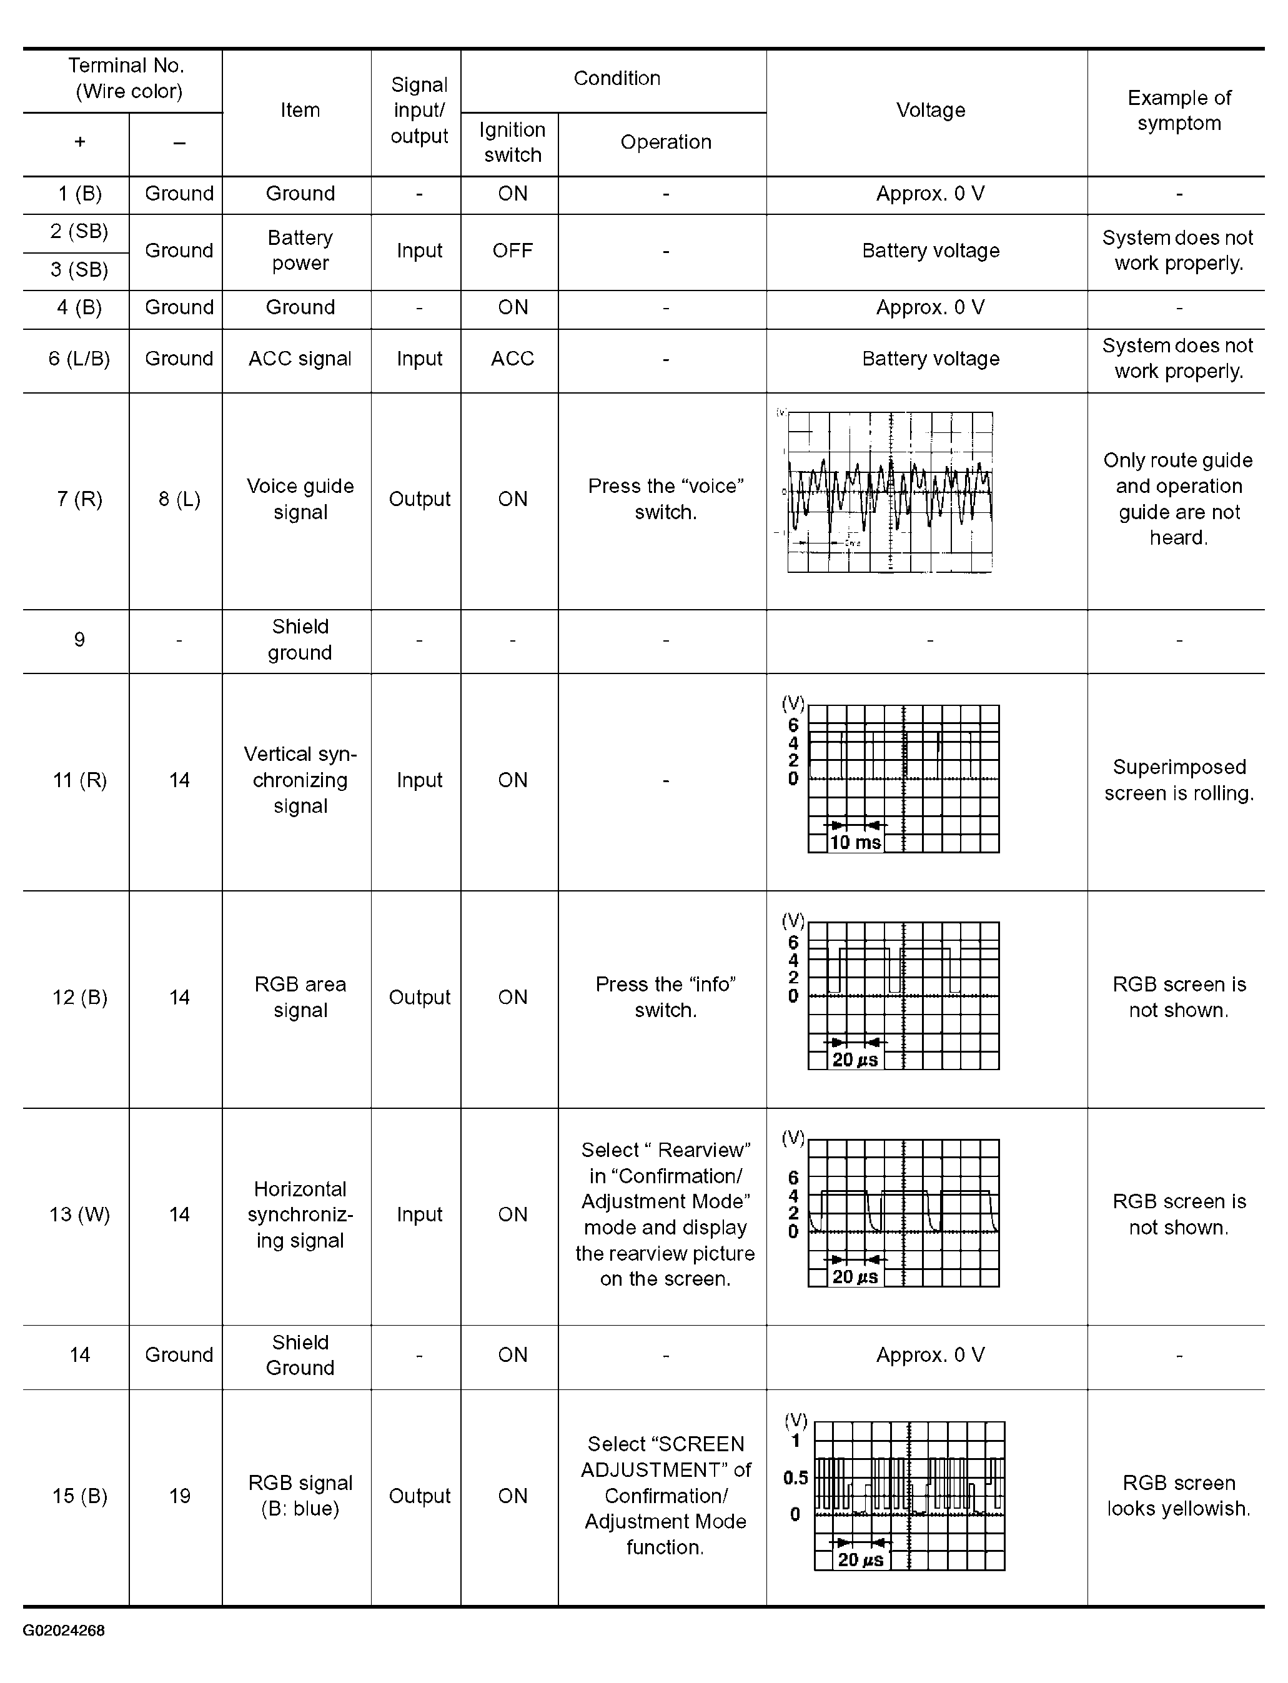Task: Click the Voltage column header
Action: tap(930, 111)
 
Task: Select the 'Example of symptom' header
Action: tap(1178, 111)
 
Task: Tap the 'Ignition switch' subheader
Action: tap(512, 142)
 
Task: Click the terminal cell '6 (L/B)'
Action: tap(79, 359)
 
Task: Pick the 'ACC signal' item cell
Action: tap(300, 359)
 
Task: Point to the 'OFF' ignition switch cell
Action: tap(512, 251)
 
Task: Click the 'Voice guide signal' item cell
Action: tap(300, 499)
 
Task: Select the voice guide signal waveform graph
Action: tap(889, 492)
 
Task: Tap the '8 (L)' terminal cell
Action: tap(179, 499)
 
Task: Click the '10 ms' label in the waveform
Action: tap(855, 842)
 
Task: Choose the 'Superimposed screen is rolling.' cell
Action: tap(1178, 780)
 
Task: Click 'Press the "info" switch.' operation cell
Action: tap(665, 997)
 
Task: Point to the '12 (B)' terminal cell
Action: tap(79, 997)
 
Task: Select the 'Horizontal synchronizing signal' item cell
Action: tap(300, 1214)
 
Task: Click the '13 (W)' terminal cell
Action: tap(79, 1214)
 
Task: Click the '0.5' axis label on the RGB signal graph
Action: tap(795, 1477)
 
